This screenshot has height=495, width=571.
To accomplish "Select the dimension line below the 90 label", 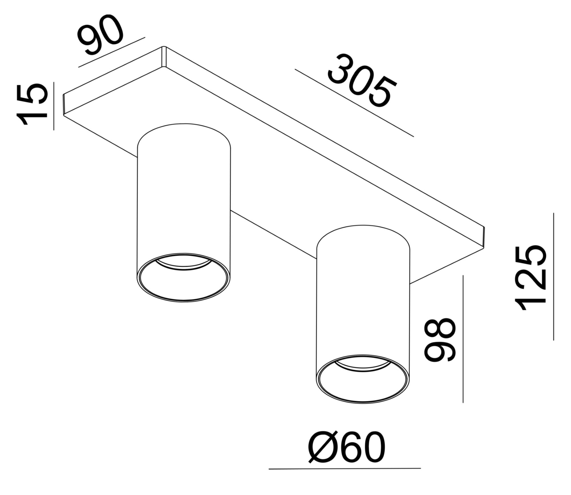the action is pos(112,52).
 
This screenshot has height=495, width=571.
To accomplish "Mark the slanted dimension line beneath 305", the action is pos(354,103).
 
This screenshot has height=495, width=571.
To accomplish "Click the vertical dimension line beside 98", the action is pos(463,339).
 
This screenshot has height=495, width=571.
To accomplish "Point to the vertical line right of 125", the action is pos(553,276).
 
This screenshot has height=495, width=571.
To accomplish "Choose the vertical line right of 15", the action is pos(54,106).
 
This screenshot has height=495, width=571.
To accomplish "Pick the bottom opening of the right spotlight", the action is pos(363,380).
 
